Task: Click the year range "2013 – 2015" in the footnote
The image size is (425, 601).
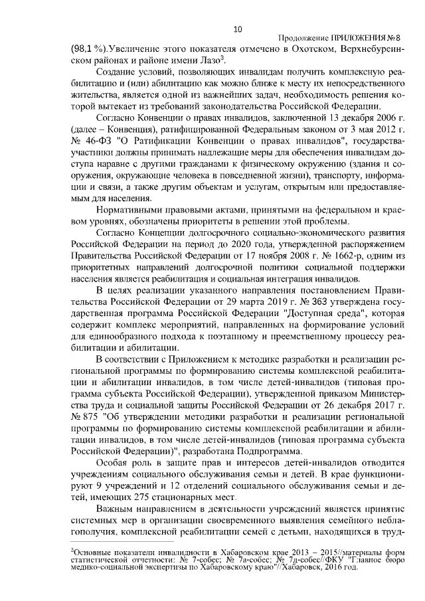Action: coord(276,553)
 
